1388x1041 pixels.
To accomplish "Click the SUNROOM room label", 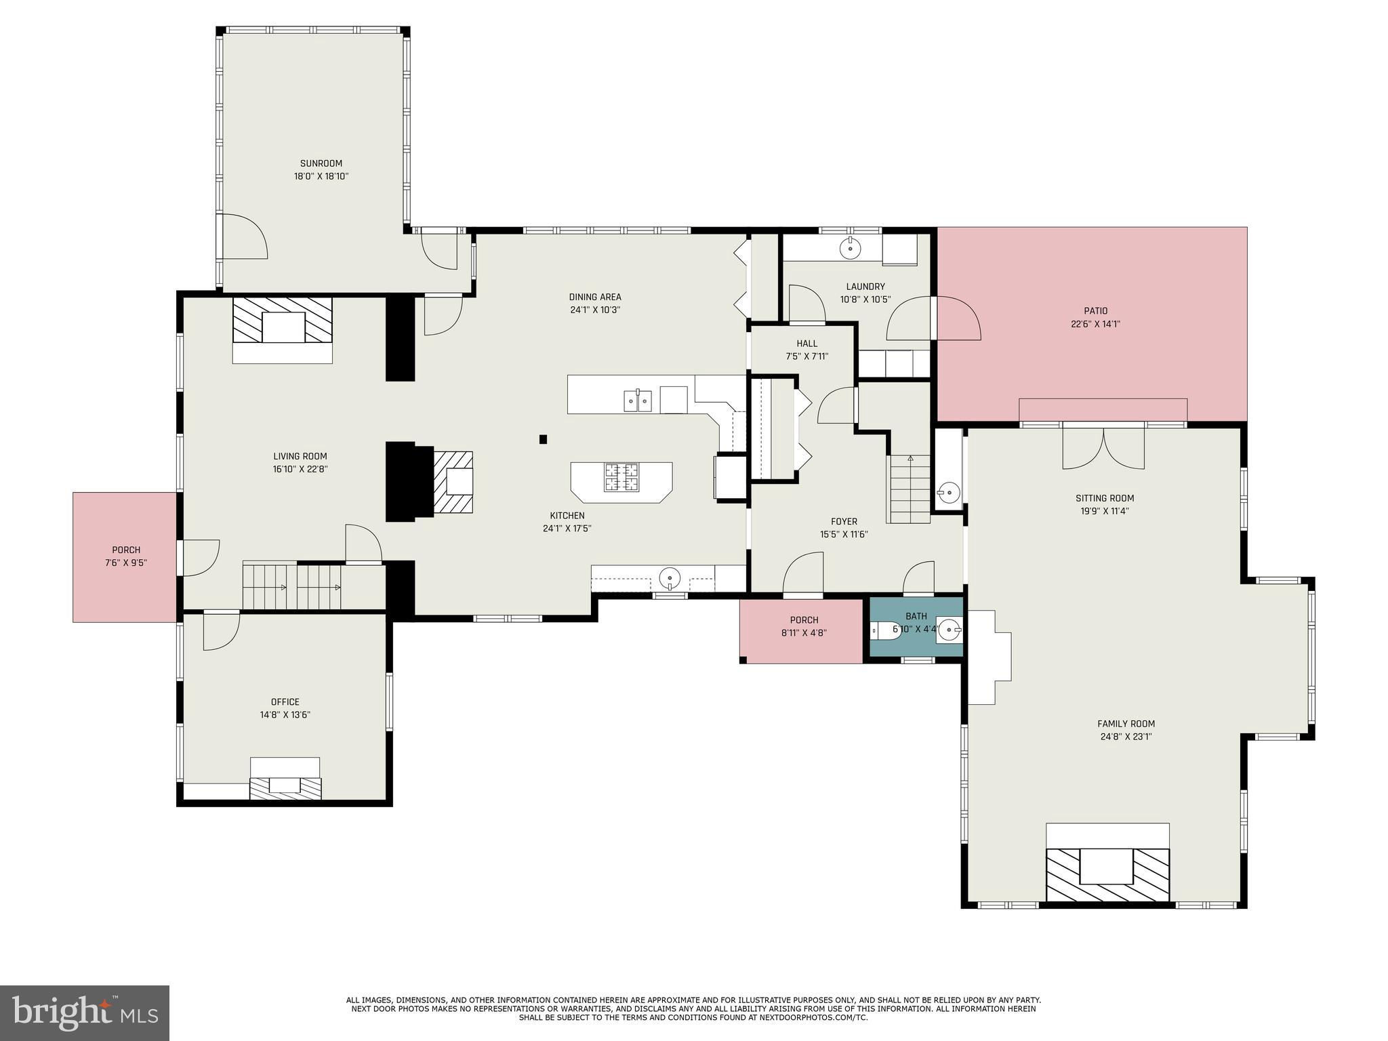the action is (321, 163).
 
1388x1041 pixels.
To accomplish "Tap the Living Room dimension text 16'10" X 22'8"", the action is (300, 469).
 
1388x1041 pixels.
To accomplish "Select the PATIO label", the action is (1095, 311).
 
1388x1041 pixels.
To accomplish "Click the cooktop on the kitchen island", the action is (621, 476).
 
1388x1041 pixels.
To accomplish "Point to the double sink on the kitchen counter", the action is (638, 400).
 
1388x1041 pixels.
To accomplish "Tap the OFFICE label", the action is (285, 702).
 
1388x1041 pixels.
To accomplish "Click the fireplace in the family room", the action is (1107, 874).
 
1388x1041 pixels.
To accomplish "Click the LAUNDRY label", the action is (865, 287).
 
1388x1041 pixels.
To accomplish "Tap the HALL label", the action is (807, 344).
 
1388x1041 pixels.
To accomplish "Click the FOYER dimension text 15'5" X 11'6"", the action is (844, 534).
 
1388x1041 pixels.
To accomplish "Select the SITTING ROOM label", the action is (1105, 498).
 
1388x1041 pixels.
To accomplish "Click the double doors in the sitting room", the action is (1103, 445).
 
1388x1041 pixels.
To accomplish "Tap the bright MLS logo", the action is (85, 1013).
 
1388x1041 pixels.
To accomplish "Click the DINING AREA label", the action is (595, 297).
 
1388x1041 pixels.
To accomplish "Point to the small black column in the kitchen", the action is (543, 439).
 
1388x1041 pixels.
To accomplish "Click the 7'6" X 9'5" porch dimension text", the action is (126, 563).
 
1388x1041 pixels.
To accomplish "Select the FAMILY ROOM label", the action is (1126, 724).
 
